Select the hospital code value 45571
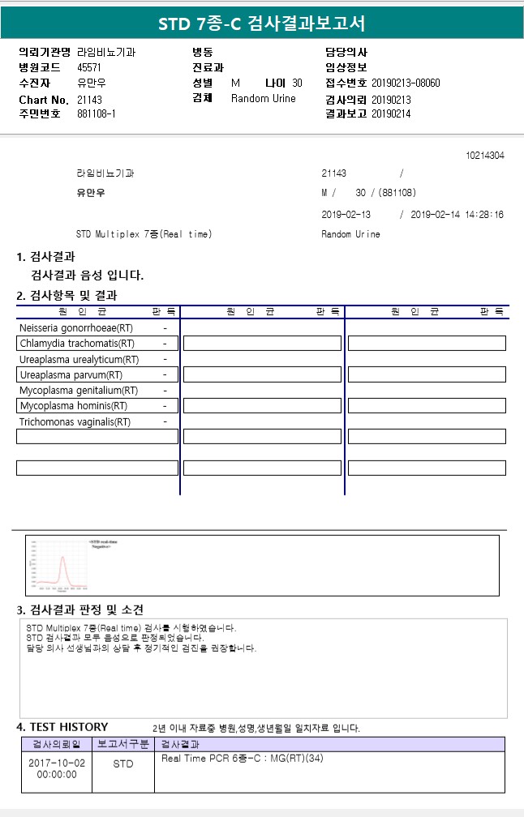89,67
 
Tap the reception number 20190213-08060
406,83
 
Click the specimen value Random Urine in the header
264,99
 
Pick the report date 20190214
391,114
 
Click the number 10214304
485,155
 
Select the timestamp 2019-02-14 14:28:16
457,215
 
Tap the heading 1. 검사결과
46,257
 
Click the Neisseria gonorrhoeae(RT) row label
76,328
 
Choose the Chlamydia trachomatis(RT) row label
77,344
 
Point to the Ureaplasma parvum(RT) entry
71,375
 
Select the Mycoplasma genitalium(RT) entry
79,391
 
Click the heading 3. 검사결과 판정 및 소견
80,610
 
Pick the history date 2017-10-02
56,763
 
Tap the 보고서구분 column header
123,744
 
